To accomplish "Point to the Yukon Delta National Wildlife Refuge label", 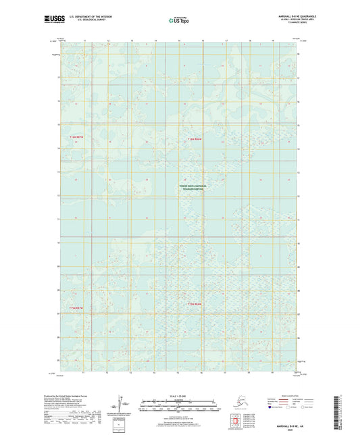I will (195, 187).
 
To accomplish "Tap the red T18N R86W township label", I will (195, 139).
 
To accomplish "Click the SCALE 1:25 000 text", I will (180, 396).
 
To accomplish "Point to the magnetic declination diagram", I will (122, 403).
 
